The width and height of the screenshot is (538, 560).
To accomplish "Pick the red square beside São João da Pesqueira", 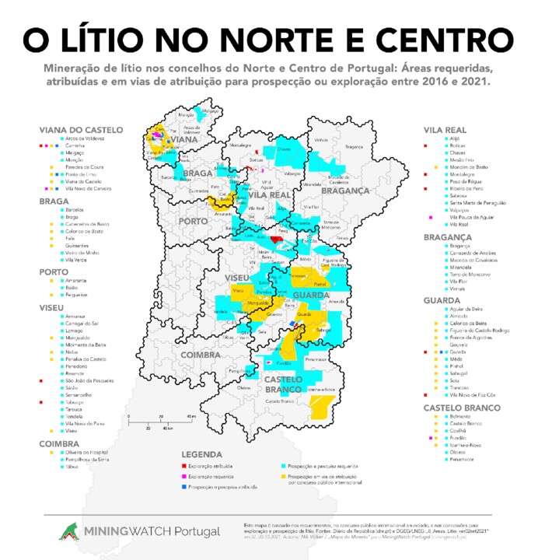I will pos(40,380).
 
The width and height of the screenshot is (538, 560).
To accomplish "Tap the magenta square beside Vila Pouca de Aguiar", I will pos(430,217).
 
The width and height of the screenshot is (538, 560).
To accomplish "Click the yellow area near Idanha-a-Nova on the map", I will pos(319,405).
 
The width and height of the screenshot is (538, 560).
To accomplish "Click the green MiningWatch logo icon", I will pos(71,530).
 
